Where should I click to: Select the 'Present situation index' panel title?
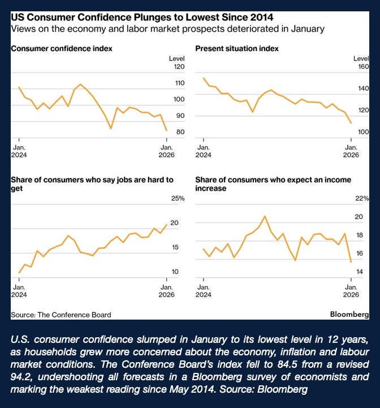(236, 49)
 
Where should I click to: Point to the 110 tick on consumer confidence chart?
(179, 83)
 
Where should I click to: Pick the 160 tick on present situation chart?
(361, 67)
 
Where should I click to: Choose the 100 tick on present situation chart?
(361, 132)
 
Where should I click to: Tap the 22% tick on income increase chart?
(362, 199)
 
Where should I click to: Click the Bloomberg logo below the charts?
(349, 314)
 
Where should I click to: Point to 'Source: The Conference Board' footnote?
(61, 314)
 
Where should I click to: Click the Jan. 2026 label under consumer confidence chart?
(166, 150)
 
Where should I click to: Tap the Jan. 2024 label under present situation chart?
(203, 150)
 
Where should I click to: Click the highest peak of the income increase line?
(265, 216)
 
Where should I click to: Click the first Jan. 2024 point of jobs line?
(19, 273)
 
